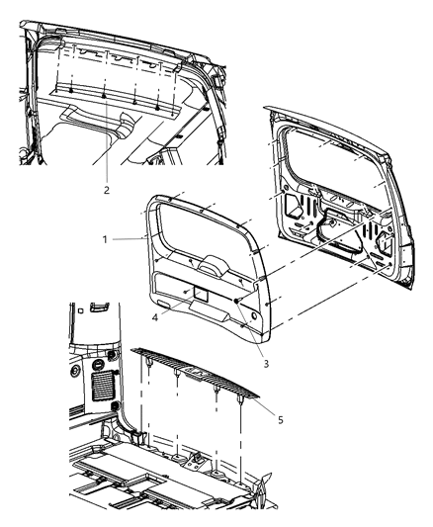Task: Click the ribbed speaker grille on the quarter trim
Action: coord(102,382)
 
